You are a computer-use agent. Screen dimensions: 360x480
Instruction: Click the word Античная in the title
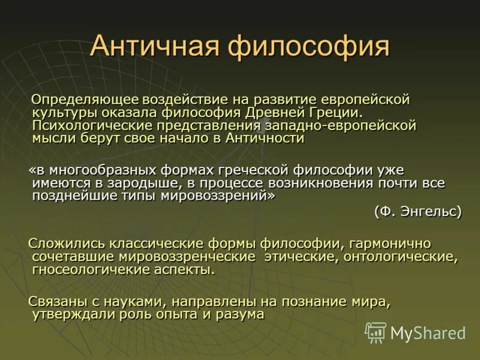click(152, 47)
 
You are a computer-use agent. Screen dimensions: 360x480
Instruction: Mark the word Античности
click(266, 139)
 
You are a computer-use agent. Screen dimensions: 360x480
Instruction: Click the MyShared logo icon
click(376, 332)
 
